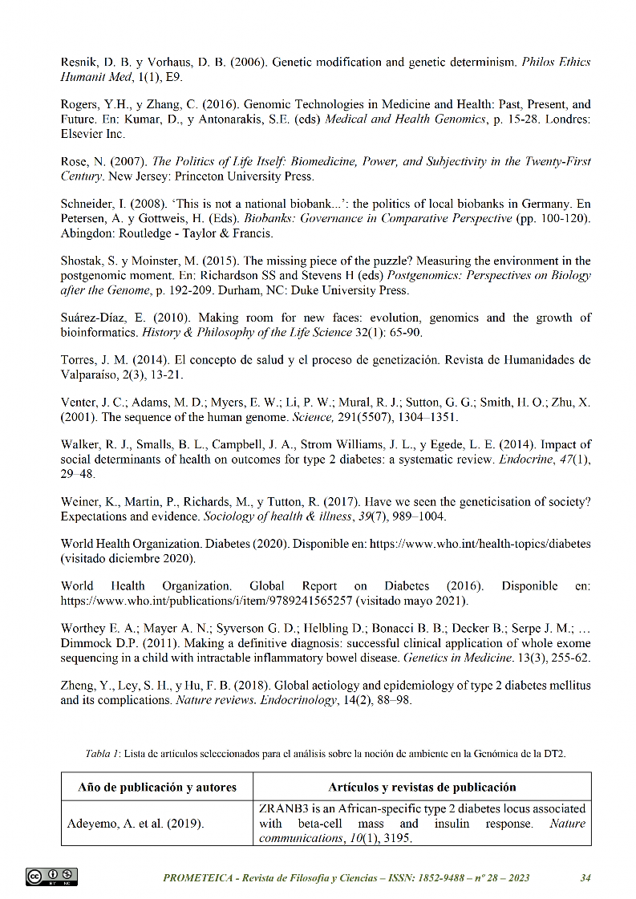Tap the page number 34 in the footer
tap(585, 877)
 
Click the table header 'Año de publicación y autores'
tap(157, 787)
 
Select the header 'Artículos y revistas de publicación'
tap(422, 787)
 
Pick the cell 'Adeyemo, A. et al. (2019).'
tap(136, 824)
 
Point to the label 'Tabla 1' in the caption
tap(102, 754)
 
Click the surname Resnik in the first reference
tap(78, 62)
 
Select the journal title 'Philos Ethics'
tap(556, 62)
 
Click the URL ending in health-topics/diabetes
tap(480, 544)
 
